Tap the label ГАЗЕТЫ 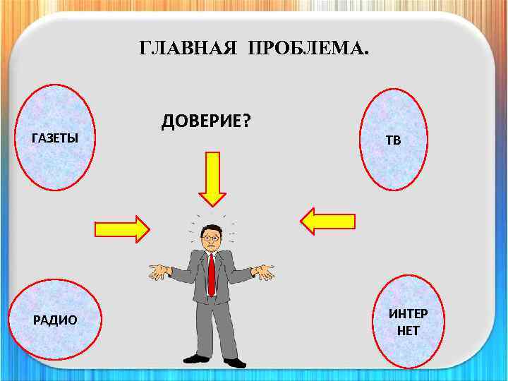(x=55, y=138)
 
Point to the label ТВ (x=393, y=140)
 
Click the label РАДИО (x=55, y=320)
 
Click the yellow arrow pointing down (x=212, y=178)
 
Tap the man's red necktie (x=211, y=275)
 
